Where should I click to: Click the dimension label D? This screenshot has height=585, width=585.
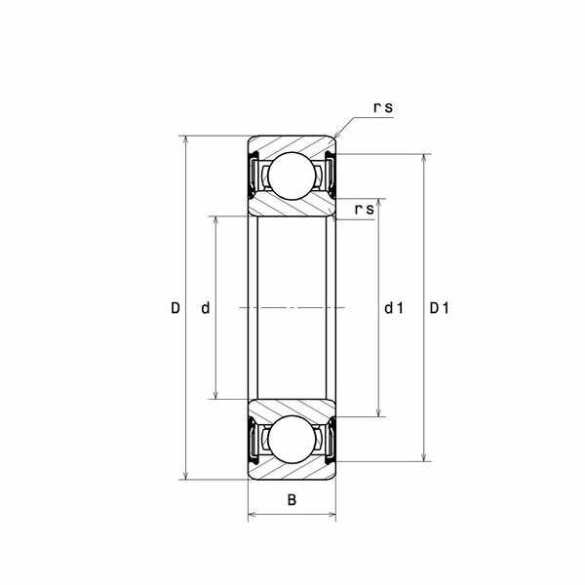click(175, 308)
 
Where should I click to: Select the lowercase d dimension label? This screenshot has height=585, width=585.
click(206, 308)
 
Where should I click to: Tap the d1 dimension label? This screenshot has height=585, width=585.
click(394, 308)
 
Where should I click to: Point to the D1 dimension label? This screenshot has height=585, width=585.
click(440, 308)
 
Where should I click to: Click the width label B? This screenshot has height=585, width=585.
click(292, 499)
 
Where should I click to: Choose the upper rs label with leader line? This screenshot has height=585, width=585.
click(383, 107)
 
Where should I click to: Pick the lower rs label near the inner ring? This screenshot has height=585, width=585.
click(364, 210)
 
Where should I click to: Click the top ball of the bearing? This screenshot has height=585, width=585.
click(292, 175)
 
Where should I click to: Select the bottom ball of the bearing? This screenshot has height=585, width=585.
click(292, 440)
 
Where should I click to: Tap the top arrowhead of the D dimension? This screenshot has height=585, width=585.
click(185, 139)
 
